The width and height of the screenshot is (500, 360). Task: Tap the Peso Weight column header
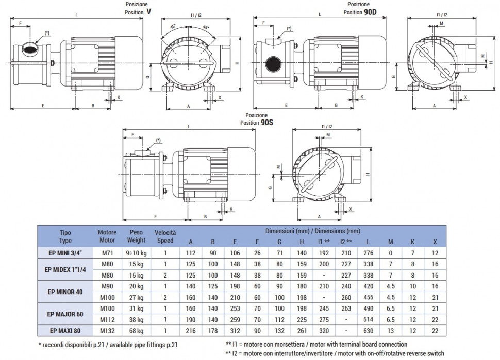click(136, 236)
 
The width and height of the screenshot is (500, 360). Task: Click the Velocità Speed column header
click(165, 236)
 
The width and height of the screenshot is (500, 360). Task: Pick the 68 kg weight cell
click(136, 330)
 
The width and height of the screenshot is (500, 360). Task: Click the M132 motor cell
click(107, 330)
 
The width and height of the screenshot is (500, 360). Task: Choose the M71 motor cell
click(107, 253)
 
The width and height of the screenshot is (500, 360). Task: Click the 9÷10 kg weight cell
click(136, 253)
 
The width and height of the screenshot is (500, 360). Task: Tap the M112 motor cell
click(107, 319)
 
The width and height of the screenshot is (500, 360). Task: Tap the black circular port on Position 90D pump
click(273, 65)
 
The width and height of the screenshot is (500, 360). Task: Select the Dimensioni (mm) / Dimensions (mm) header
click(312, 231)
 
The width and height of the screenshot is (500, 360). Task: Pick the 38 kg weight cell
click(136, 319)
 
